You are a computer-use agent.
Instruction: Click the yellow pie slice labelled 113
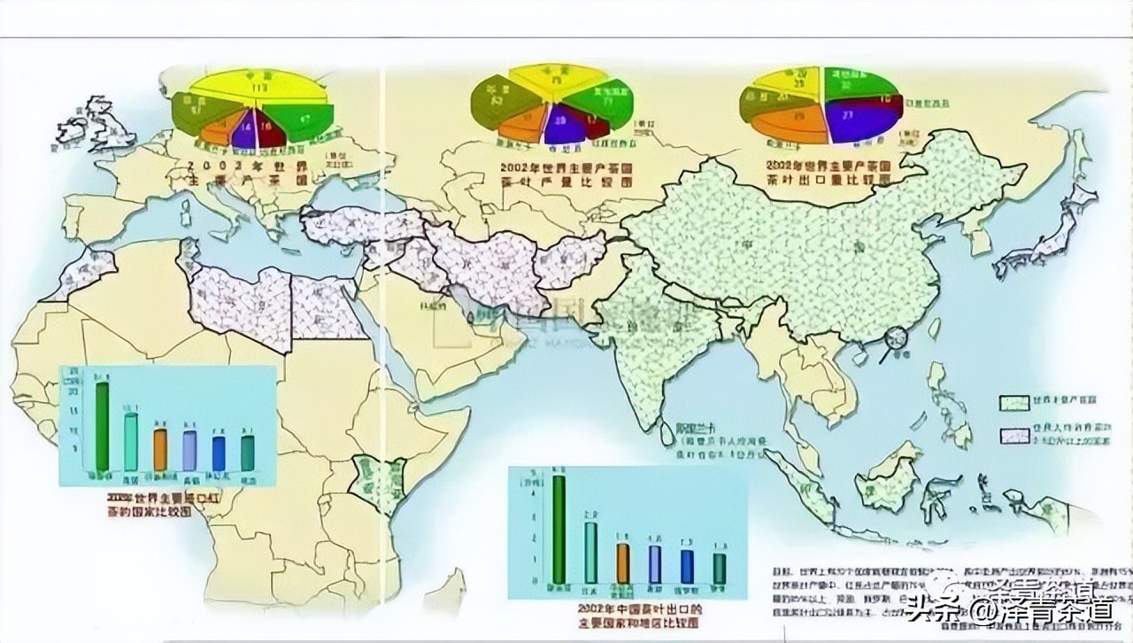pyautogui.click(x=259, y=89)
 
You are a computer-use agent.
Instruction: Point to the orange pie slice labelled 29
pyautogui.click(x=799, y=117)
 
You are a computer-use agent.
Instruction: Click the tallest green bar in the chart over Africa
pyautogui.click(x=103, y=426)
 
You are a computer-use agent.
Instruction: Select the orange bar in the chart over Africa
pyautogui.click(x=160, y=450)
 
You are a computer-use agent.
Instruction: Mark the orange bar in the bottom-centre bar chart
pyautogui.click(x=623, y=562)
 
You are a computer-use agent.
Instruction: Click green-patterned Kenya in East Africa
pyautogui.click(x=368, y=478)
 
